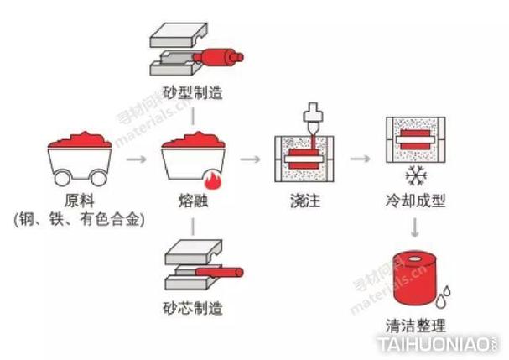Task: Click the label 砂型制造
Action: coord(193,92)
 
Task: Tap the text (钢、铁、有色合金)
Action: coord(80,220)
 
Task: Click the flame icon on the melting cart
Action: coord(210,176)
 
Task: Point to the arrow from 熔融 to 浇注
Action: coord(249,158)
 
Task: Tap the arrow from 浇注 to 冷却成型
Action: coord(360,158)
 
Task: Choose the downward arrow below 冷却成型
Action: coord(413,228)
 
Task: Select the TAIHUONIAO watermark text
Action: coord(438,345)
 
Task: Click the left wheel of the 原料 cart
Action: coord(62,177)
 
